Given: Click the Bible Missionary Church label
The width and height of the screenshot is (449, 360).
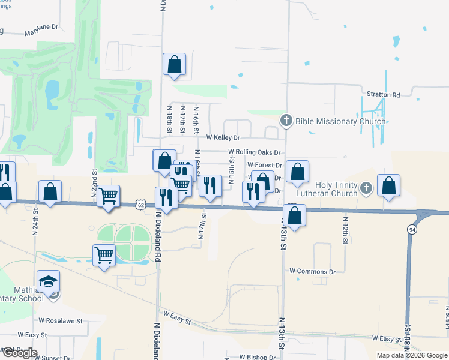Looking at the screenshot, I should (340, 121).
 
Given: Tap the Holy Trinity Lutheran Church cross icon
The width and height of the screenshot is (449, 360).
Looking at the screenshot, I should (366, 190).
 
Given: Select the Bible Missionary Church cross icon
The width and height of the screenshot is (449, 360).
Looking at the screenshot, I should (286, 121).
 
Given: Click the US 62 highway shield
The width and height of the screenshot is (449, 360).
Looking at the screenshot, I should (140, 204).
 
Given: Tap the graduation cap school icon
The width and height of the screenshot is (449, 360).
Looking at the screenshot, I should (49, 281).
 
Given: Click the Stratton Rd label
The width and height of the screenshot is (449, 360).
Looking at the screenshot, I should (383, 95).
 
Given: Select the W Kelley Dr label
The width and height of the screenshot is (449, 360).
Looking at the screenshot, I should (223, 137).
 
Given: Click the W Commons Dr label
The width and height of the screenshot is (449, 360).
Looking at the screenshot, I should (312, 272).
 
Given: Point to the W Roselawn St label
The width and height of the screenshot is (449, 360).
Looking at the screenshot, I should (61, 321).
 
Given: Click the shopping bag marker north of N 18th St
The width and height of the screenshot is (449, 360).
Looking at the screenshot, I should (174, 64).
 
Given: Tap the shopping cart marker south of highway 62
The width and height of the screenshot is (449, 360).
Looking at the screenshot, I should (104, 255).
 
